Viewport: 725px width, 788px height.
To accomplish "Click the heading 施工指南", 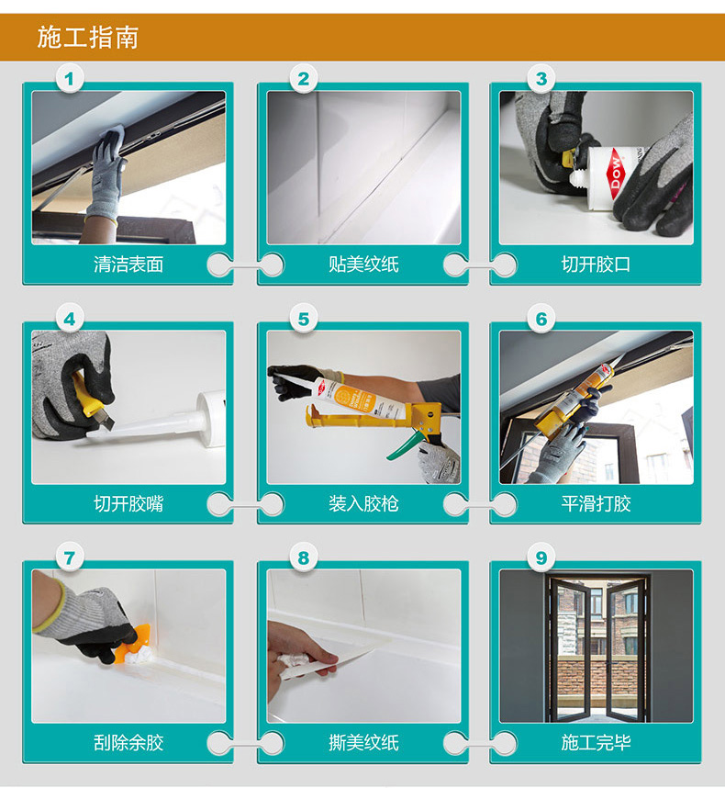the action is point(88,38).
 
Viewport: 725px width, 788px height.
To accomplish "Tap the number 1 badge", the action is point(69,79).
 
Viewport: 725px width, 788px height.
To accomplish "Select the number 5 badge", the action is point(304,319).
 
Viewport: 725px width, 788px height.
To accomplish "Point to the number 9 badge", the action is point(541,557).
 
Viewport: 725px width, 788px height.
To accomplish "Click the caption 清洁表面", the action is point(128,265).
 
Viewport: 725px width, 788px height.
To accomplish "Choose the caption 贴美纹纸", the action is point(363,265).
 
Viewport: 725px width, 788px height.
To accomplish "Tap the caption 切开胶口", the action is point(596,265).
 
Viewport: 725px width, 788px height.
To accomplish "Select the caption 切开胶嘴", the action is point(128,503).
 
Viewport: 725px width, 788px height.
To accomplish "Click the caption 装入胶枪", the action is point(363,503).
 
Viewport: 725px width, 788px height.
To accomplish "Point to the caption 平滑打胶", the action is point(596,503).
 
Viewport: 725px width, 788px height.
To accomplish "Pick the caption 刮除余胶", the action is point(128,743).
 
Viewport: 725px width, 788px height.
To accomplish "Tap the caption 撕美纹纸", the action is point(363,743).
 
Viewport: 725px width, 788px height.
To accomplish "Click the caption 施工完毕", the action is point(596,743).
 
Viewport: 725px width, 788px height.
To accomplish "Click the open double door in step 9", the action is point(597,648).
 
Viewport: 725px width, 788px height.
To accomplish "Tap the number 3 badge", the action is point(541,79).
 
